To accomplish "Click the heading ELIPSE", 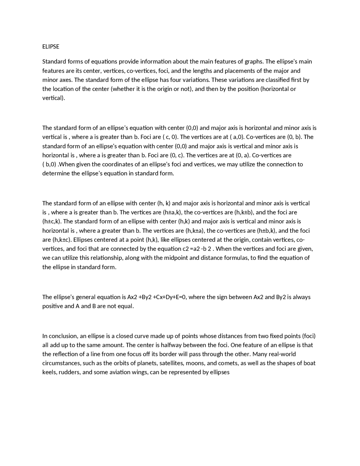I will pyautogui.click(x=51, y=47).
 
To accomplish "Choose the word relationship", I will pyautogui.click(x=106, y=258).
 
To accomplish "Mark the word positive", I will pyautogui.click(x=53, y=306).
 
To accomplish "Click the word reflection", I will pyautogui.click(x=68, y=354).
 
